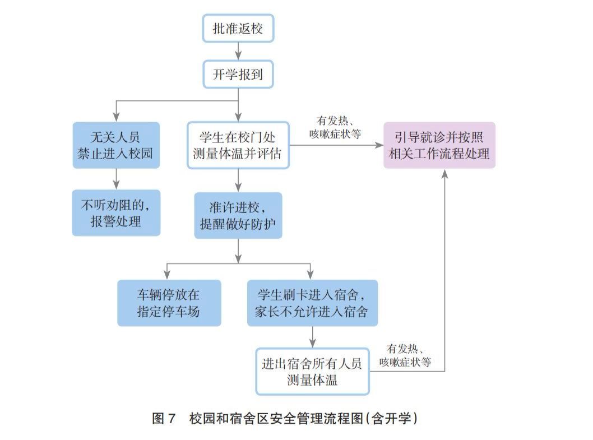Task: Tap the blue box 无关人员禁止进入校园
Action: (116, 145)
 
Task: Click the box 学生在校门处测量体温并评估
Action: (238, 145)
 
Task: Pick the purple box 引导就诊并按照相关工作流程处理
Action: (439, 145)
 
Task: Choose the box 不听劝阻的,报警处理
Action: (116, 212)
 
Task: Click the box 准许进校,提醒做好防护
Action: (238, 216)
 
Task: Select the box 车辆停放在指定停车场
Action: (169, 303)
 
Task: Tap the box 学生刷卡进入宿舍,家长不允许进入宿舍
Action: (312, 303)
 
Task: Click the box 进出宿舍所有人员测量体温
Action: (312, 371)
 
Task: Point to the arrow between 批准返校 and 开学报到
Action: (238, 52)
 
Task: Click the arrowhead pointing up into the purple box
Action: (445, 174)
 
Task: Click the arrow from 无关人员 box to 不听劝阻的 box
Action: (116, 179)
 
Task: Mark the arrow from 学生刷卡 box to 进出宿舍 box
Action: (312, 337)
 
